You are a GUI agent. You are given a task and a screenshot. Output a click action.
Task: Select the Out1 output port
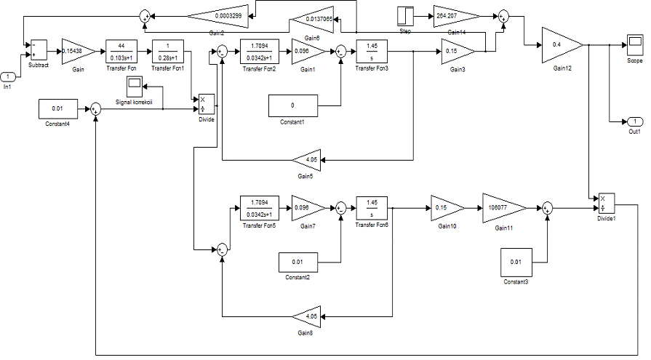[634, 121]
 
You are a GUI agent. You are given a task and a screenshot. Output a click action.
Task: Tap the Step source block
[405, 16]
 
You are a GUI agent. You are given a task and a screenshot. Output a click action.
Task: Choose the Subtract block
[38, 50]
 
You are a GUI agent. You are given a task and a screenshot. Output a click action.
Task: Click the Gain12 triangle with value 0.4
[562, 46]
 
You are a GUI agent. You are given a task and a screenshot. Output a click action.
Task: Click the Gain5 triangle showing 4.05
[309, 159]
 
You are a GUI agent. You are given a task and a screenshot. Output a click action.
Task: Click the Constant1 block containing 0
[292, 105]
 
